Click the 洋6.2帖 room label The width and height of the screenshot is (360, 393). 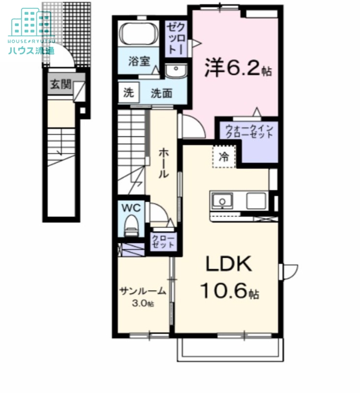(x=238, y=68)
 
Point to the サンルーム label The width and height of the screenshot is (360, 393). (x=143, y=291)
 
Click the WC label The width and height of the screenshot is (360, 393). (x=131, y=208)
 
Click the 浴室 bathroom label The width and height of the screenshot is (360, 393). (x=138, y=62)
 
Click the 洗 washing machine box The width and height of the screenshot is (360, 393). (x=128, y=93)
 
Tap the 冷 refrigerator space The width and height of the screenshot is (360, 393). (x=224, y=157)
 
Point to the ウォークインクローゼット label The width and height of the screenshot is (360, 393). (x=249, y=132)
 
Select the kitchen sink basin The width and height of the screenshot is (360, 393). (x=222, y=201)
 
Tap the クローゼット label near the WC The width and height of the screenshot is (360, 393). (x=163, y=241)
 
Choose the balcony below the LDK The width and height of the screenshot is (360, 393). (x=229, y=349)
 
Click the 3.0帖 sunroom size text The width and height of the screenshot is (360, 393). (x=143, y=304)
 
